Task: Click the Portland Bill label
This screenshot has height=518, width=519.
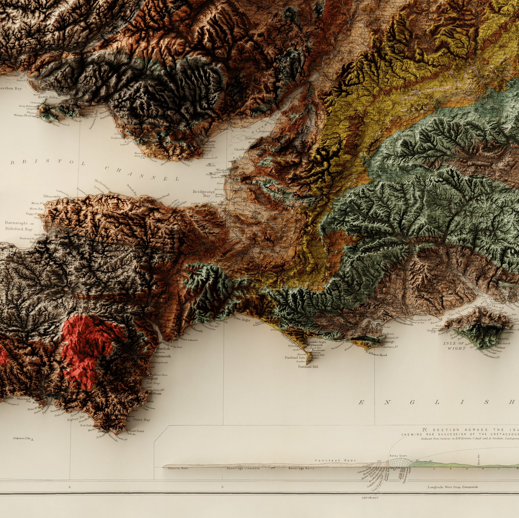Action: pos(308,367)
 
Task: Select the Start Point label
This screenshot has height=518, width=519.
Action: pos(136,431)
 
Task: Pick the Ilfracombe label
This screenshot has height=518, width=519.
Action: pos(52,196)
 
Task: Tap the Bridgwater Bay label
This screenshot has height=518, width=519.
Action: pos(204,194)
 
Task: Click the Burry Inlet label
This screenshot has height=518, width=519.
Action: pos(47,97)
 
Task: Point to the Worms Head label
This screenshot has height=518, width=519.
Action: pos(23,115)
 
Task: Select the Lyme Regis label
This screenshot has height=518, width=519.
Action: pos(242,320)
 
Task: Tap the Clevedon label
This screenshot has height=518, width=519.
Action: pos(241,149)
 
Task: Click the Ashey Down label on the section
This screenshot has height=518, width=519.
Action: pos(398,456)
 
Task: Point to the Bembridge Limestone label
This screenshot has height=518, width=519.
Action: pos(243,468)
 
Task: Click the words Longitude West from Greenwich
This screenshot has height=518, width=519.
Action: pos(453,487)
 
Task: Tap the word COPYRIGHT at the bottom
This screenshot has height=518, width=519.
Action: pos(370,498)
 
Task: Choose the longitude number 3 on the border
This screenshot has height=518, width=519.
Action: pos(222,487)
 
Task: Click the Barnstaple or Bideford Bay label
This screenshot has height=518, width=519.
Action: pos(19,226)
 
